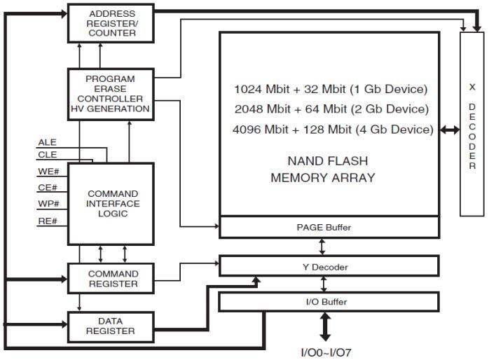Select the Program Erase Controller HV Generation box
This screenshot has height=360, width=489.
109,94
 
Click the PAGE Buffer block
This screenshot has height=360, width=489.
329,227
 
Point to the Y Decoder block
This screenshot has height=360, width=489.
329,266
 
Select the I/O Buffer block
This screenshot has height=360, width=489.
329,302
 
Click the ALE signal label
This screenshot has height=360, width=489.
48,142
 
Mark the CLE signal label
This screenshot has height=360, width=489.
48,155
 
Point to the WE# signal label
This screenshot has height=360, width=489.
48,172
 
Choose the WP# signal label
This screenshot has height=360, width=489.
48,205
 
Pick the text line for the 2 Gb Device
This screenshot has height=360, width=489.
331,109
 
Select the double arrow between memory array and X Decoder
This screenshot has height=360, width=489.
449,130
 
